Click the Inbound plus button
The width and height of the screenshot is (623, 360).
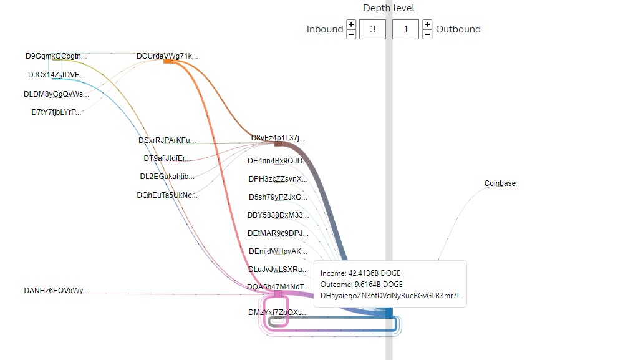351,24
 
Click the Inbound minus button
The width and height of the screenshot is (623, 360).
351,34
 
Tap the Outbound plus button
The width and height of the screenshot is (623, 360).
427,24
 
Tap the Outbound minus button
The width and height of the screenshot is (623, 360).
427,34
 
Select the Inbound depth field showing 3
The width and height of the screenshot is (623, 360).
372,29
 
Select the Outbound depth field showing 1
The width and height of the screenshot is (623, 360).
406,29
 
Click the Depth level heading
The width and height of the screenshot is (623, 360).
389,8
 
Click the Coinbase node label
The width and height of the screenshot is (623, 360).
500,183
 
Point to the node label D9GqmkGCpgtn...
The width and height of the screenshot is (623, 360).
56,56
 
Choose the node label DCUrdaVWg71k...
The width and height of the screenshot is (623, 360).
167,56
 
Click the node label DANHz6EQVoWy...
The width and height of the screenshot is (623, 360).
56,291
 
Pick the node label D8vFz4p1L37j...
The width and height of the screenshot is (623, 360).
278,138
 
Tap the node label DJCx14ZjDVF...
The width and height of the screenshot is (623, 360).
56,75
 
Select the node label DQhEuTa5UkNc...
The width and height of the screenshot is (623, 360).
167,195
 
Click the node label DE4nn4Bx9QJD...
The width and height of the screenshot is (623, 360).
278,160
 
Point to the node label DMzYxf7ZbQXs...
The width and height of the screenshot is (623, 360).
278,312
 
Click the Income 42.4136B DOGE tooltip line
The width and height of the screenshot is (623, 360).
360,273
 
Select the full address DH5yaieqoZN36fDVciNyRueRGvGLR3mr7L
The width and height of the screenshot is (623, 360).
390,296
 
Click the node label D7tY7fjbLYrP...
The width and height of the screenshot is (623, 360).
56,112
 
